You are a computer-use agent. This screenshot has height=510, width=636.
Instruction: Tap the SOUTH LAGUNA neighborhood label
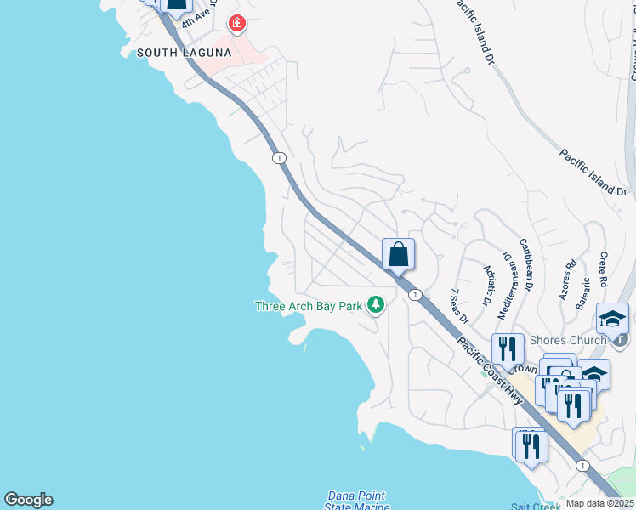[x=184, y=53]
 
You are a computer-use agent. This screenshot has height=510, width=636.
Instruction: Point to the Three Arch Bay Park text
[x=309, y=306]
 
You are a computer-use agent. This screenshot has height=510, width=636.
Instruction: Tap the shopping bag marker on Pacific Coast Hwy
[x=398, y=255]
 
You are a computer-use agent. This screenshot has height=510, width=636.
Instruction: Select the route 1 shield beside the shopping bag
[x=414, y=295]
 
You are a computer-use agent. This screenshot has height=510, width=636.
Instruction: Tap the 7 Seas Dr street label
[x=459, y=306]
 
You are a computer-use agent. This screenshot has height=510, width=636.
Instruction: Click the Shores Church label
[x=568, y=341]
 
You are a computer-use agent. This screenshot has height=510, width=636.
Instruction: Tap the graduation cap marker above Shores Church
[x=612, y=320]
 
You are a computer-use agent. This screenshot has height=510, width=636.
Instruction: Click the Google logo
[x=28, y=500]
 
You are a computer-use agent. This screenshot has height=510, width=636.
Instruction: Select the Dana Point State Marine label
[x=355, y=501]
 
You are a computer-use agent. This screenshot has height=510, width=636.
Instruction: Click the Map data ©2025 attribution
[x=599, y=503]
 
